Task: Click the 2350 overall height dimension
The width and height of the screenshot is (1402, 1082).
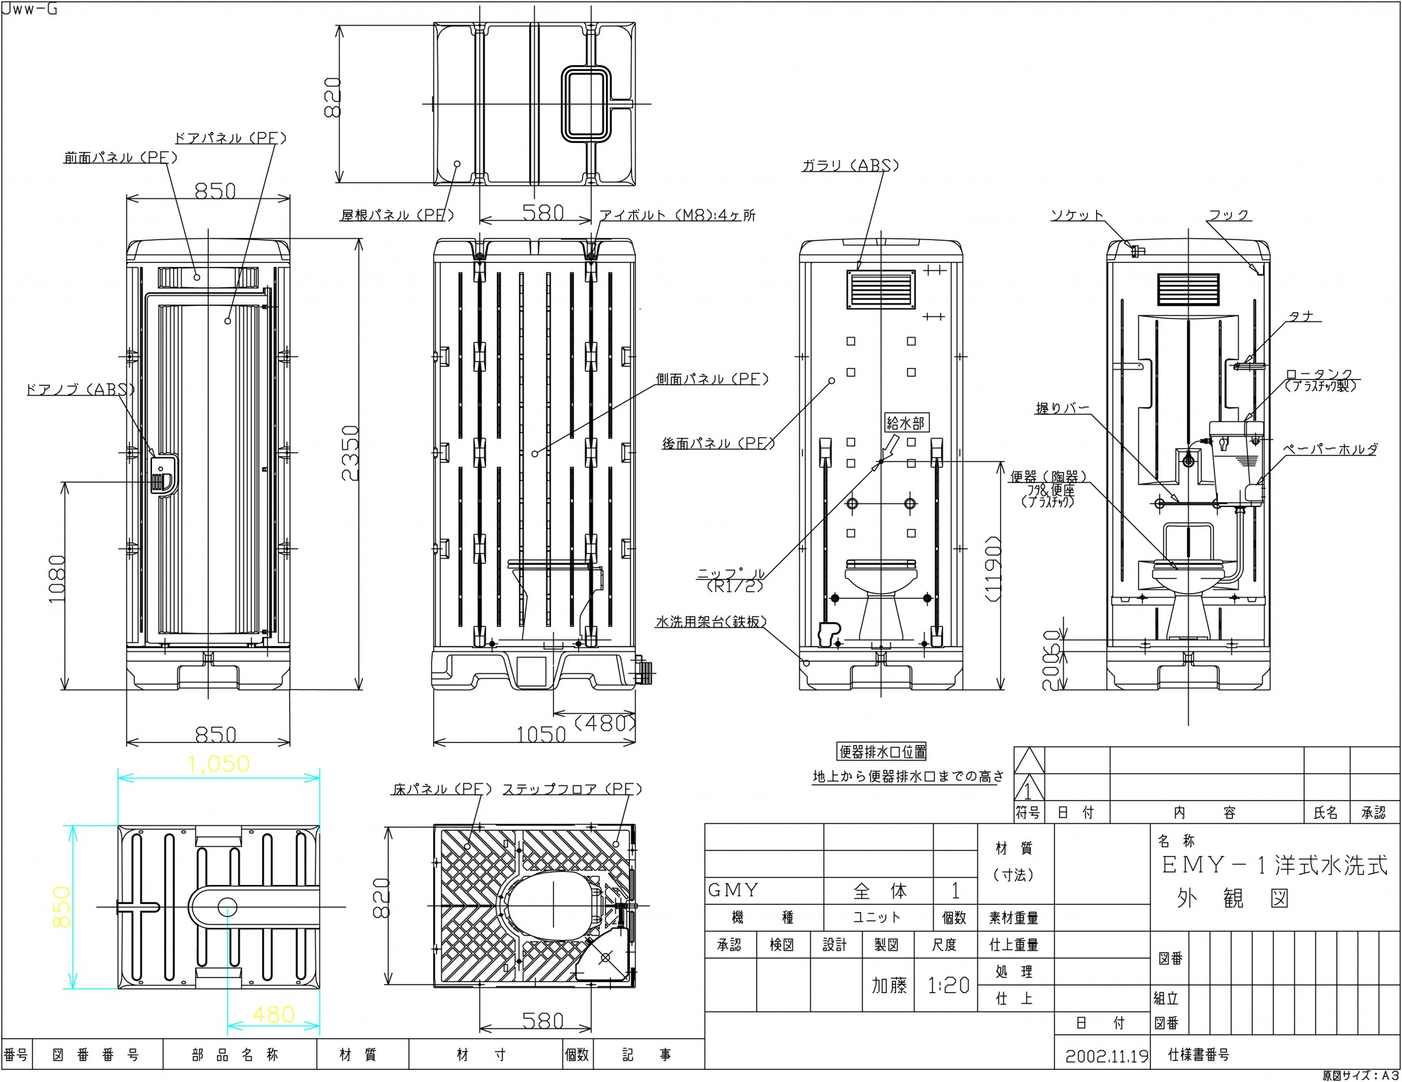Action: click(350, 453)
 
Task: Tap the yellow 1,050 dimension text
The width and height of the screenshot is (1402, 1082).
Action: click(218, 764)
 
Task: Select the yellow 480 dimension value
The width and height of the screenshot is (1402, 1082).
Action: click(273, 1014)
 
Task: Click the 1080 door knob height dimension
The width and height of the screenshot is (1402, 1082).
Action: click(58, 578)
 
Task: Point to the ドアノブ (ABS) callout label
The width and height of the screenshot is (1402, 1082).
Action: click(80, 389)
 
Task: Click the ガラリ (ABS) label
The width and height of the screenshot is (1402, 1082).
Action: click(850, 166)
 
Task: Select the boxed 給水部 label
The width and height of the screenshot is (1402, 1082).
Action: click(905, 423)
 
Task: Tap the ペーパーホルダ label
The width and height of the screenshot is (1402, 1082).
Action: click(1329, 450)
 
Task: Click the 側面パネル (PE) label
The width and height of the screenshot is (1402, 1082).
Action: click(712, 379)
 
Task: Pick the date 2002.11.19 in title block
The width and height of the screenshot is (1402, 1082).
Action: click(1106, 1056)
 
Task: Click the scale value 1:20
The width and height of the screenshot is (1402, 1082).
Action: click(948, 986)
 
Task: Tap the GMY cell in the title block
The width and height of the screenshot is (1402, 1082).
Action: click(733, 890)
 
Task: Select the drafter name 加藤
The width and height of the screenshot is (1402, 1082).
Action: click(889, 986)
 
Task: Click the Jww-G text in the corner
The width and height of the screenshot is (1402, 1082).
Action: click(29, 10)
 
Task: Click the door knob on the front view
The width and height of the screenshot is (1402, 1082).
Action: click(163, 474)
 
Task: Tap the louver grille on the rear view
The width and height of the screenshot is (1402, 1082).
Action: click(880, 290)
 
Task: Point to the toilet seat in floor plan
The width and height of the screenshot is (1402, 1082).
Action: click(549, 904)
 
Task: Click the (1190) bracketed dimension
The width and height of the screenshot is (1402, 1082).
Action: click(994, 569)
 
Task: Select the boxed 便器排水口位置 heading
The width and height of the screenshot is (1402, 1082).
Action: click(882, 751)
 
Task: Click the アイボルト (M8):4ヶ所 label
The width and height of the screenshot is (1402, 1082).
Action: click(678, 216)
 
